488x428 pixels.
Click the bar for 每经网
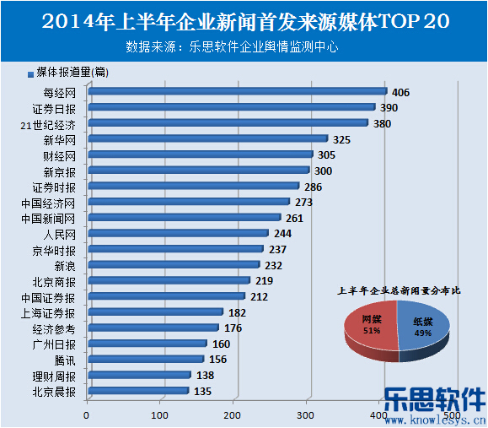[236, 91]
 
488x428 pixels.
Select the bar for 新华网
[207, 138]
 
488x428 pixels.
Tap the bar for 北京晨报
[137, 391]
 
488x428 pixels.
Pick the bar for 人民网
[178, 233]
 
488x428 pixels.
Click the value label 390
[389, 107]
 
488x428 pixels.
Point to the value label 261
[295, 218]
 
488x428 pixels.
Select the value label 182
[237, 312]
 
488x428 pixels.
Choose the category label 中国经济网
[54, 203]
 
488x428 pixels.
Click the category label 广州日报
[54, 344]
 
